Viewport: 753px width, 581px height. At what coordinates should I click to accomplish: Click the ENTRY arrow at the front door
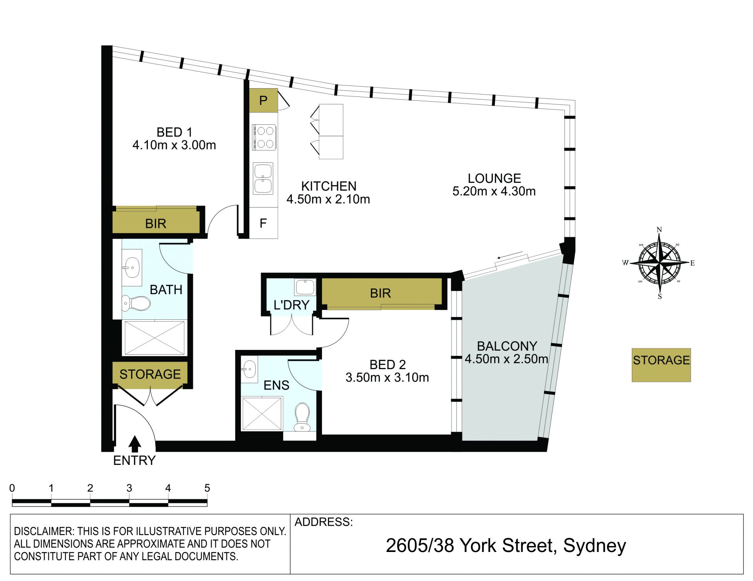tap(135, 444)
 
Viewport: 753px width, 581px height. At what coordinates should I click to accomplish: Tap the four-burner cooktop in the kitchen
tap(265, 137)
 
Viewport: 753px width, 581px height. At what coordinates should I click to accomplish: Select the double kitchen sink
tap(263, 178)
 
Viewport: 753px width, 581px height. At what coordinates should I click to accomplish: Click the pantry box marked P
tap(264, 100)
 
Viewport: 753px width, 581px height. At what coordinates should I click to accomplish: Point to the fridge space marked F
tap(264, 223)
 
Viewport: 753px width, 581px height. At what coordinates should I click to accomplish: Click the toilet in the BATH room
tap(136, 303)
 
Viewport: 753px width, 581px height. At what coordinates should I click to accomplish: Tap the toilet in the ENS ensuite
tap(302, 417)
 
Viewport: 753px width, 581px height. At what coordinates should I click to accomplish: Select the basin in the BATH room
tap(132, 267)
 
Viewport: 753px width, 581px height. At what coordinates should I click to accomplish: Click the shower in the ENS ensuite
tap(262, 413)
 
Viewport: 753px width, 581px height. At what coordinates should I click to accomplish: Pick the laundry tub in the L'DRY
tap(305, 287)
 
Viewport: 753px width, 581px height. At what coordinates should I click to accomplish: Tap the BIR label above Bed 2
tap(380, 293)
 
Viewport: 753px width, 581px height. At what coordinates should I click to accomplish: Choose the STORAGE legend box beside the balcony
tap(661, 365)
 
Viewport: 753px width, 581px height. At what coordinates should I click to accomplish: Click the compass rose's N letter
tap(659, 230)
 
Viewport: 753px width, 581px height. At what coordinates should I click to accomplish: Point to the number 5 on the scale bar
tap(207, 488)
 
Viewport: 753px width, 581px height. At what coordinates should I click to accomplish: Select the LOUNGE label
tap(494, 178)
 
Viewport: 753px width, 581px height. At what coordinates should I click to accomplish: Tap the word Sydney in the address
tap(595, 546)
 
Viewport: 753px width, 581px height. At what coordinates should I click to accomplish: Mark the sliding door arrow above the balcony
tap(510, 255)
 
